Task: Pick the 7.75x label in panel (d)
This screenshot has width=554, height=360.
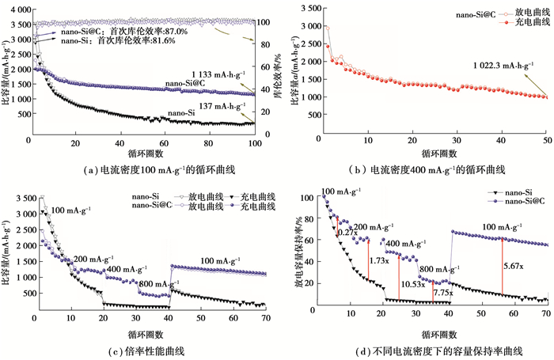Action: (442, 293)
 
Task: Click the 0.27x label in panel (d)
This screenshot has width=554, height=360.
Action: (347, 233)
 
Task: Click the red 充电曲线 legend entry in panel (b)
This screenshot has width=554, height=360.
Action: (509, 24)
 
